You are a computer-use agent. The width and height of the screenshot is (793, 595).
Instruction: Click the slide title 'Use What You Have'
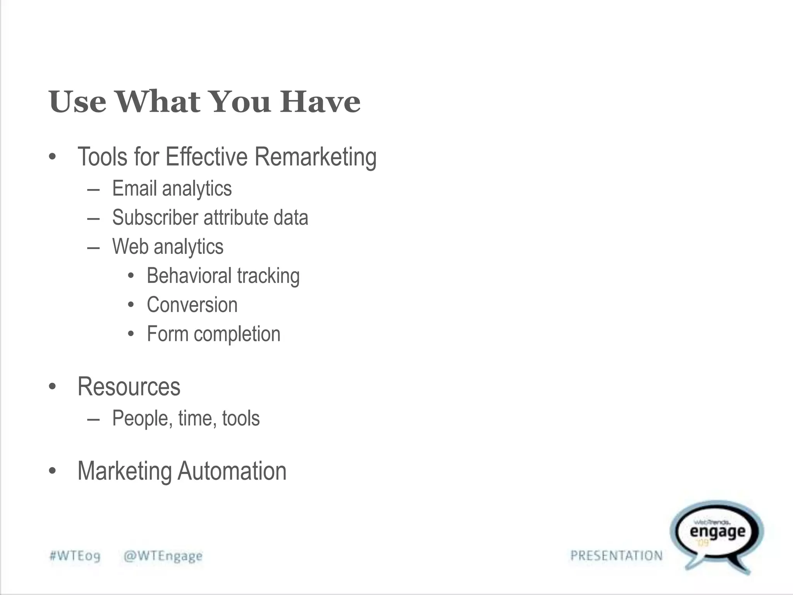tap(204, 101)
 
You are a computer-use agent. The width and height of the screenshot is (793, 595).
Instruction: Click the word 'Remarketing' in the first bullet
tap(315, 157)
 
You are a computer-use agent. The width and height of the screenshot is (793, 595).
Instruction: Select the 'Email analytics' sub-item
tap(172, 189)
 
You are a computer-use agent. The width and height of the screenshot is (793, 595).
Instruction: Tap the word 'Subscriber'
tap(155, 217)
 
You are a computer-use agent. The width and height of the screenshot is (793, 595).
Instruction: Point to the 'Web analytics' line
tap(168, 247)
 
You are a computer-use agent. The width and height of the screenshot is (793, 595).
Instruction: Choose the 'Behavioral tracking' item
tap(223, 276)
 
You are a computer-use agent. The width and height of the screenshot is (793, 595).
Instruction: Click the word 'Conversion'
tap(192, 305)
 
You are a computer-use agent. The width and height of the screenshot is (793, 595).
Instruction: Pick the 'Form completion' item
tap(213, 334)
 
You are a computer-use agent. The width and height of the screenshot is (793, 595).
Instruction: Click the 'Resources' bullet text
tap(129, 387)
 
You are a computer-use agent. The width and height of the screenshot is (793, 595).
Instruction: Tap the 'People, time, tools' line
tap(186, 418)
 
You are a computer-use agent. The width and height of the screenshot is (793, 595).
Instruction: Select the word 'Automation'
tap(232, 471)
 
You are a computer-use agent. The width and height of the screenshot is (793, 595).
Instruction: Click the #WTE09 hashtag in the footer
tap(75, 556)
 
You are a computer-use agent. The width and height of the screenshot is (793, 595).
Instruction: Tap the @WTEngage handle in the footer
tap(163, 556)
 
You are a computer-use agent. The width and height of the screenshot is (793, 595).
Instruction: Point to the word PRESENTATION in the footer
tap(616, 556)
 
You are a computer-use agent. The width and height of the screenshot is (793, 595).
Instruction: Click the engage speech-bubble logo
tap(717, 535)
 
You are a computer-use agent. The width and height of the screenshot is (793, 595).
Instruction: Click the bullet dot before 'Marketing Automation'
tap(53, 471)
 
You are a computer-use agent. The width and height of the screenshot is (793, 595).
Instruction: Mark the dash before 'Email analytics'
tap(93, 190)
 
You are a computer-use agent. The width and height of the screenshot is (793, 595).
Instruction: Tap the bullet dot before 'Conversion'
tap(131, 305)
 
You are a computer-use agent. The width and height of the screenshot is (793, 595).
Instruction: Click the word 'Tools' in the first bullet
tap(103, 157)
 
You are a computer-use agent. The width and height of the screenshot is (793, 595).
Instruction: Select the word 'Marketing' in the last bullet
tap(125, 471)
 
